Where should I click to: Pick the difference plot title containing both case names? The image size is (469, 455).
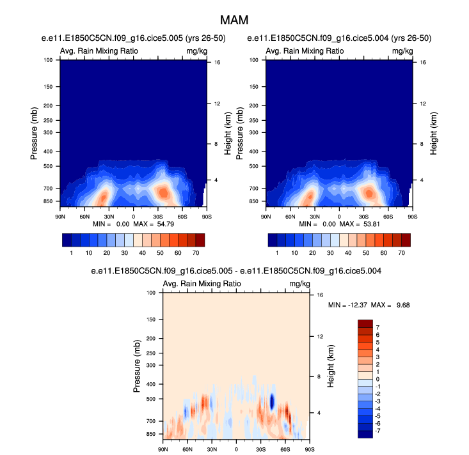coord(237,272)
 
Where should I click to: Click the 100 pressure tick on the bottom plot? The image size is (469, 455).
coord(152,293)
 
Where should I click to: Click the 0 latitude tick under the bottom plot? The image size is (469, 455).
coord(237,449)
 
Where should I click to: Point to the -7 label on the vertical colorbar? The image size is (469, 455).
coord(378,431)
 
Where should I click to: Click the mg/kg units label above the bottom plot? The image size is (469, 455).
coord(299,284)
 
